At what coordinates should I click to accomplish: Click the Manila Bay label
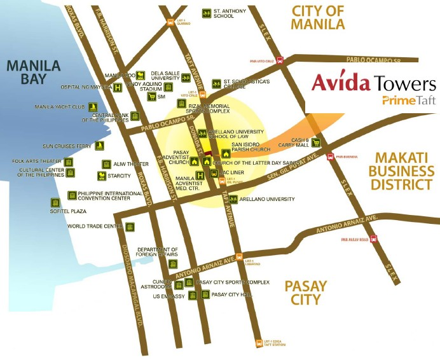[x=32, y=73]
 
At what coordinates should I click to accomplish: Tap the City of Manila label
[x=317, y=17]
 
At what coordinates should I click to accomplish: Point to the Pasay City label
[x=305, y=293]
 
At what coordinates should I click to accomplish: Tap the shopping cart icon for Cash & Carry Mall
[x=316, y=142]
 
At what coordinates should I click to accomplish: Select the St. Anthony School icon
[x=206, y=13]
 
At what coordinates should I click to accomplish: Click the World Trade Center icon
[x=130, y=226]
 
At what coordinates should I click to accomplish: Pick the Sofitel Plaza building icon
[x=56, y=203]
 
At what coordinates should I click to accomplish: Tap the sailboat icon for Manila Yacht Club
[x=93, y=107]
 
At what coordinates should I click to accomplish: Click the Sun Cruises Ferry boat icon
[x=99, y=146]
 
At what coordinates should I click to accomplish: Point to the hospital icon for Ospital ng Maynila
[x=117, y=87]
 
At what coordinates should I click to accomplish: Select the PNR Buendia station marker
[x=330, y=156]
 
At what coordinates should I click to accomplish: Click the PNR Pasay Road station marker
[x=374, y=239]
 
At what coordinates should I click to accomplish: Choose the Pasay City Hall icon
[x=205, y=294]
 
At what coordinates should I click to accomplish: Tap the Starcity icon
[x=101, y=176]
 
